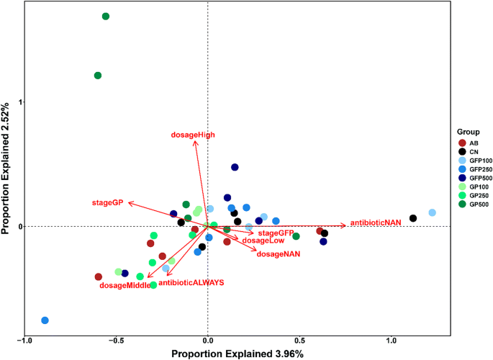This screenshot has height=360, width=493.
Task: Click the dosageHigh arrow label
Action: point(193,135)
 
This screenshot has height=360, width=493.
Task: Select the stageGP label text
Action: point(107,203)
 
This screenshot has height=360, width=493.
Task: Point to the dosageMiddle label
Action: point(125,286)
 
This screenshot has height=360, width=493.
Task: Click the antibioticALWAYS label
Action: point(191,283)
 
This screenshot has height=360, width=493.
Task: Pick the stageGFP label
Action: point(276,233)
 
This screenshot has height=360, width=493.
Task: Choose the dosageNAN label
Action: point(278,254)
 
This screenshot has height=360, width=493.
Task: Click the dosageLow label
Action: point(263,240)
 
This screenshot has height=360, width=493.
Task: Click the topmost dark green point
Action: point(106,17)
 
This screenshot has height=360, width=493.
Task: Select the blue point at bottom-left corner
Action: point(45,320)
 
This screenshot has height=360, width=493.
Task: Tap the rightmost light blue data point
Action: point(432,213)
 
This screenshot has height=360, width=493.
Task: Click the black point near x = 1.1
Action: point(413,218)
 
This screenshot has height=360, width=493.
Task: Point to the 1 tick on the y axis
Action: point(19,102)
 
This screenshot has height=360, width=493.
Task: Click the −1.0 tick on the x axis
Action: point(24,341)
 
